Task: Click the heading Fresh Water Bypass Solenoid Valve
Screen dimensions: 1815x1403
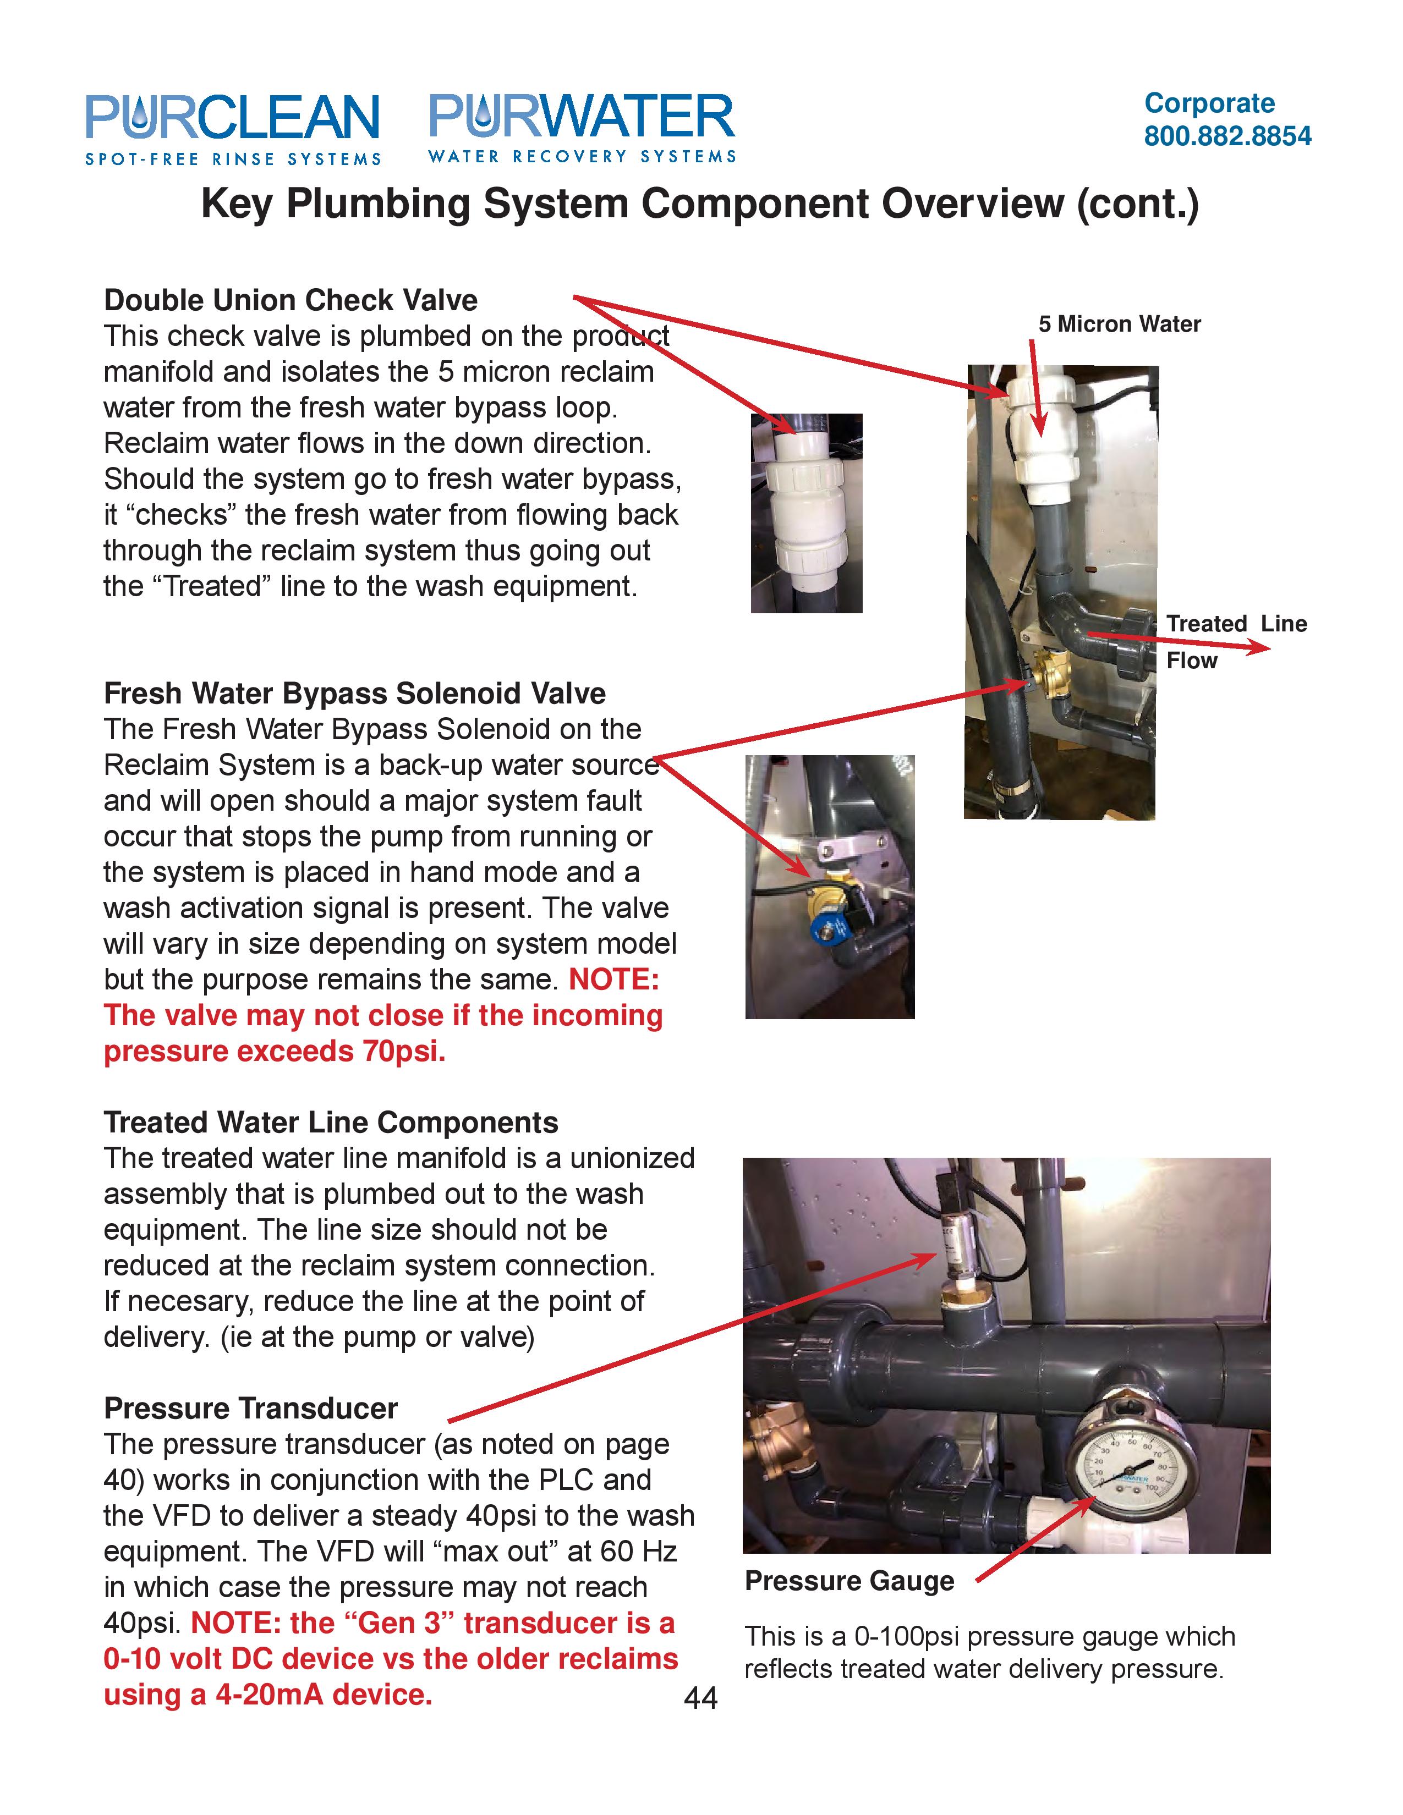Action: (x=354, y=693)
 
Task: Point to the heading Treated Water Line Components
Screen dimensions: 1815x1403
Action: (x=330, y=1122)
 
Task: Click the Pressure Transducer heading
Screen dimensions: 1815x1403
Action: (x=250, y=1409)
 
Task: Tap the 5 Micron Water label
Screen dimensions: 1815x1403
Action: (x=1119, y=324)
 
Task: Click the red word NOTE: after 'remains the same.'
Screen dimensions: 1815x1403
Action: (x=613, y=980)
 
